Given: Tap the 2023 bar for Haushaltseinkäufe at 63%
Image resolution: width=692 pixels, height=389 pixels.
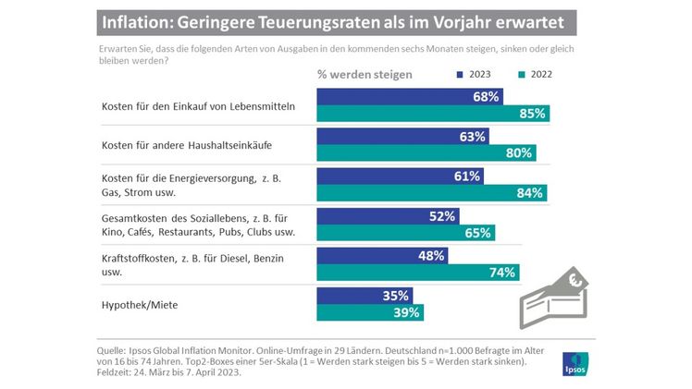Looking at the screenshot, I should pos(403,136).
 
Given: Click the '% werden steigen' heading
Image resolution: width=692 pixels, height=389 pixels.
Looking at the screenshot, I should pos(365,72).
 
